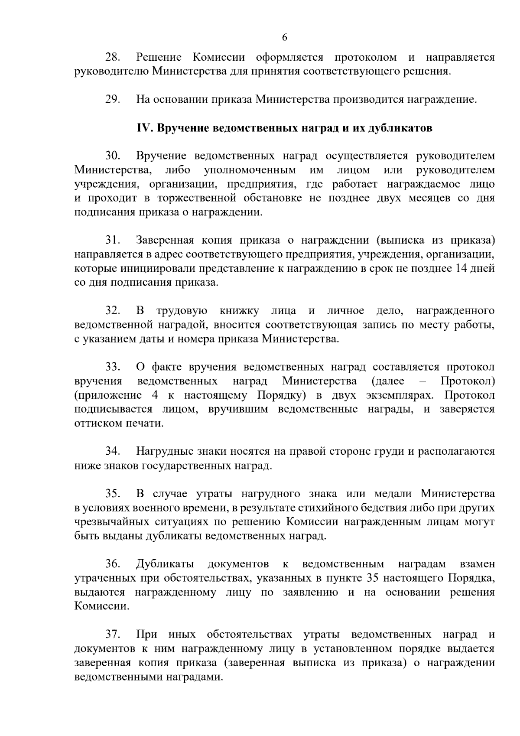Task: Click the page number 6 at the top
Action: click(x=284, y=37)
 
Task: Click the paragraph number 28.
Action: click(x=113, y=57)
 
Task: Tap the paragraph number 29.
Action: click(x=113, y=100)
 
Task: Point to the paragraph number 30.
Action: click(x=113, y=156)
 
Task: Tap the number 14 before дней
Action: click(x=461, y=269)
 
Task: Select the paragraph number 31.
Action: click(x=113, y=241)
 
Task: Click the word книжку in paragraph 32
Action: click(x=239, y=311)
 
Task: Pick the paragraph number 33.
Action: click(x=113, y=367)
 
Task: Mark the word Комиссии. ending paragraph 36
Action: click(x=101, y=606)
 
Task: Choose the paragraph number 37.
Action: click(x=113, y=635)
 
